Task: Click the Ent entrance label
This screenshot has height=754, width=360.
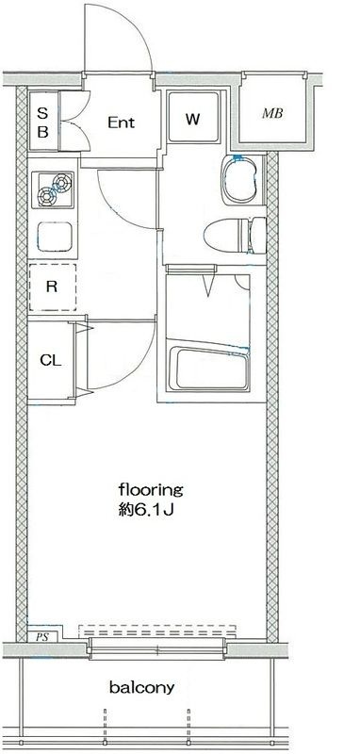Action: click(121, 123)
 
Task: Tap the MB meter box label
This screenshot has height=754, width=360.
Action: click(272, 113)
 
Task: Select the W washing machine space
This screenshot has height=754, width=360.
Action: click(193, 117)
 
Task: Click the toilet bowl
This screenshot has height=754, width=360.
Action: click(235, 236)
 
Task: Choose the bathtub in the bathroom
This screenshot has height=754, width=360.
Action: click(208, 367)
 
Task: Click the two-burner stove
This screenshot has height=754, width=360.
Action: click(53, 189)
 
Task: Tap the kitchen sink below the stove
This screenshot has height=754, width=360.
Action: click(56, 237)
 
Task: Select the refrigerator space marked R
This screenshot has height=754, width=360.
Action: click(53, 287)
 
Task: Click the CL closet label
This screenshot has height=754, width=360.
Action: click(51, 360)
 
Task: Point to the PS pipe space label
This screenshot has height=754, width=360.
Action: click(41, 637)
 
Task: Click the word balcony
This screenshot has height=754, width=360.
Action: click(141, 688)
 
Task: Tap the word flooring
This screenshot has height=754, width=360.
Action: click(151, 491)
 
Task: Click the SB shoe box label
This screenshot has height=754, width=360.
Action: click(42, 123)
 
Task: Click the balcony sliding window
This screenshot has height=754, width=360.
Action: click(157, 649)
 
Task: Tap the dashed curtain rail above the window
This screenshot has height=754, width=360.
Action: click(157, 630)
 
